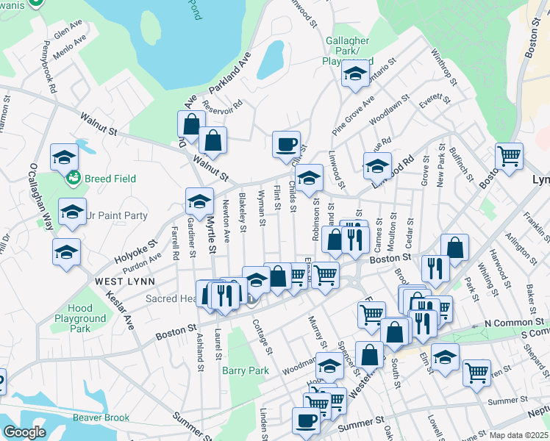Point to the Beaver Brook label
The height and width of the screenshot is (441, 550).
click(x=101, y=417)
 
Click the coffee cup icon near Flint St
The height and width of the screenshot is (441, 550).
click(x=286, y=143)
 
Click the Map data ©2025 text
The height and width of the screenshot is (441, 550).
click(x=518, y=435)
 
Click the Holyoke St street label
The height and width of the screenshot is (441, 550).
click(x=136, y=251)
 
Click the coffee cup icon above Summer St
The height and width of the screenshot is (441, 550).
click(x=306, y=420)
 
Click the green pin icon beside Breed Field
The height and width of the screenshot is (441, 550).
click(x=73, y=177)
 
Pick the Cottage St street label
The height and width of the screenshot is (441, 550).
click(x=262, y=334)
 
